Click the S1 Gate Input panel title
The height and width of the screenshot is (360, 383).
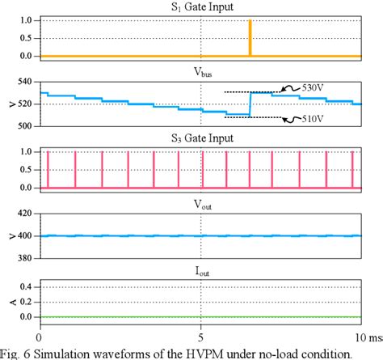tap(200, 6)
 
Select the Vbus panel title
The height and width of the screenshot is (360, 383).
tap(200, 71)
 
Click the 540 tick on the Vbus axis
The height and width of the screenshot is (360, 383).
tap(21, 83)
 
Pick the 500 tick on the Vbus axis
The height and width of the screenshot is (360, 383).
tap(21, 126)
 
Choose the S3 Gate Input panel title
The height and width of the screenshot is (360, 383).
tap(200, 138)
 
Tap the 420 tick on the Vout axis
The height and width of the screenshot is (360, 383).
tap(21, 215)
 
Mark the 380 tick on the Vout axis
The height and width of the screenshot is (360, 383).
tap(21, 258)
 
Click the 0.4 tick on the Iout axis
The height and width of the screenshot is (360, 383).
tap(23, 286)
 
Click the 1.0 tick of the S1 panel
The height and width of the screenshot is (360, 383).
tap(23, 19)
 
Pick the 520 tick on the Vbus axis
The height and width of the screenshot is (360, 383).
tap(21, 104)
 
